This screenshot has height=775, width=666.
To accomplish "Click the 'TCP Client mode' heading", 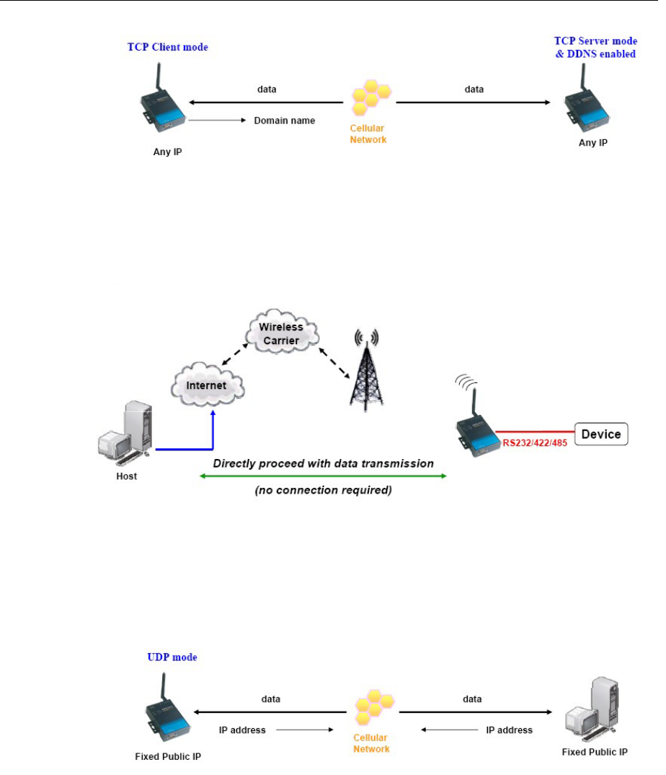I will pos(177,48).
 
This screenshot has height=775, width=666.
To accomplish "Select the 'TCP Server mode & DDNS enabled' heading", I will pos(595,48).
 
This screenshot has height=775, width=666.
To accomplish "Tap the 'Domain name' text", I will pos(284,121).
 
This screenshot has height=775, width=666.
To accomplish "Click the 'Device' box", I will pos(600,434).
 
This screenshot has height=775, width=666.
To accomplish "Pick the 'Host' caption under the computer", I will pos(127,476).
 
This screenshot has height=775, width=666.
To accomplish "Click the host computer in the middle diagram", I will pos(126,433).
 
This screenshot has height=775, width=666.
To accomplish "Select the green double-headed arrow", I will pos(323,476).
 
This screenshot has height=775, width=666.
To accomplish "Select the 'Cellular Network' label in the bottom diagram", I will pos(371,743).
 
